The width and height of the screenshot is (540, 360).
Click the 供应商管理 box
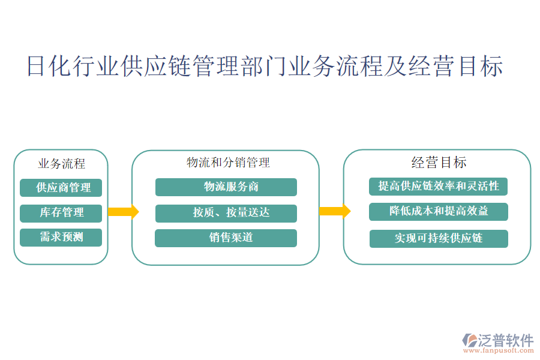point(61,188)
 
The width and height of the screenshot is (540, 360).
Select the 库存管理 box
point(61,212)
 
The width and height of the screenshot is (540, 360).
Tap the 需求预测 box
point(61,237)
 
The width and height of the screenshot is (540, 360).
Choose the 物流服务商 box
point(226,187)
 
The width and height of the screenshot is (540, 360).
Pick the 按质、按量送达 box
point(226,213)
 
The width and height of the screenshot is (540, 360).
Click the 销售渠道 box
point(226,238)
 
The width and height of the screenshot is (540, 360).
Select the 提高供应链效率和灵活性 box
point(438,186)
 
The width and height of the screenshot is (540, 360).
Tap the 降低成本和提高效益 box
point(438,211)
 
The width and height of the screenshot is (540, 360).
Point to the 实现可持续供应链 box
point(438,238)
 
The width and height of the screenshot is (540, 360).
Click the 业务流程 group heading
point(61,163)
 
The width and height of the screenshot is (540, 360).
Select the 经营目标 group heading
point(439,162)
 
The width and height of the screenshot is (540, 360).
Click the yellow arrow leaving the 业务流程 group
point(123,212)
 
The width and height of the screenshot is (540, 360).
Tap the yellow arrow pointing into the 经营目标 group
point(334,211)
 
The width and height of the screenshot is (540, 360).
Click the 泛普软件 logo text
point(505,340)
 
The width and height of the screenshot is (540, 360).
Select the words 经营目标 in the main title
point(455,66)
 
